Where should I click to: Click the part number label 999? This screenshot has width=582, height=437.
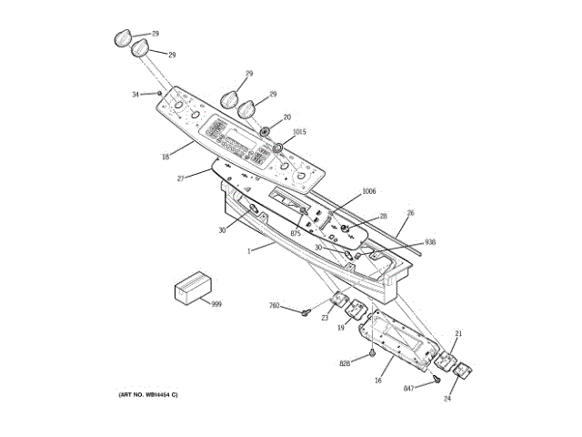pyautogui.click(x=216, y=303)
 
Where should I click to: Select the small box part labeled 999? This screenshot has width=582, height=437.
pyautogui.click(x=192, y=288)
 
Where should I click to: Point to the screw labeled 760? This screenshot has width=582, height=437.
pyautogui.click(x=306, y=314)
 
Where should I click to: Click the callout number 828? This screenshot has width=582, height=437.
pyautogui.click(x=346, y=363)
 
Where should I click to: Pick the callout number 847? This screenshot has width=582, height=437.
pyautogui.click(x=410, y=389)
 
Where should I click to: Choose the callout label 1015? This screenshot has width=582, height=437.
pyautogui.click(x=299, y=132)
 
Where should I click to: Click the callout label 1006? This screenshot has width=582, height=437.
pyautogui.click(x=368, y=191)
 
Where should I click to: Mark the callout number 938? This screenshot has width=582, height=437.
pyautogui.click(x=430, y=242)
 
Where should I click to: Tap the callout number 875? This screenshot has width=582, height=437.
pyautogui.click(x=296, y=234)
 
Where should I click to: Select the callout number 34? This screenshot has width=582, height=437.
pyautogui.click(x=136, y=94)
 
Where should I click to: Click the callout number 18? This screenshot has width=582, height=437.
pyautogui.click(x=166, y=157)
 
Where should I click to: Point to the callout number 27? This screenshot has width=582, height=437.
pyautogui.click(x=181, y=178)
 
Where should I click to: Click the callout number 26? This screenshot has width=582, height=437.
pyautogui.click(x=410, y=213)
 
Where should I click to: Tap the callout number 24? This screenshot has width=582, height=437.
pyautogui.click(x=448, y=398)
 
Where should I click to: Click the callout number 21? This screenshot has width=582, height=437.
pyautogui.click(x=458, y=334)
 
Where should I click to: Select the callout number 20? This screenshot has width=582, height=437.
pyautogui.click(x=286, y=117)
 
